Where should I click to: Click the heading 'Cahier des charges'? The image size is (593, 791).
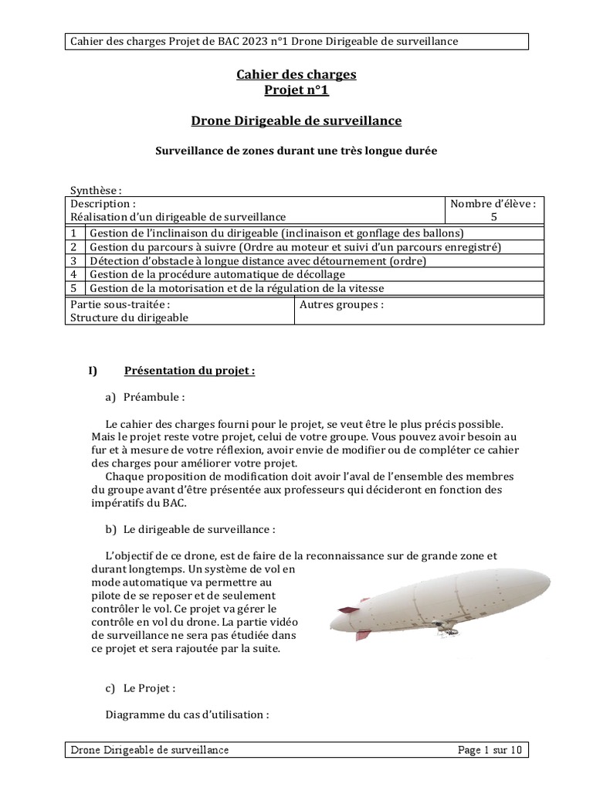(296, 75)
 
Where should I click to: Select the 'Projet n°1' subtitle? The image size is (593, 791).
(296, 90)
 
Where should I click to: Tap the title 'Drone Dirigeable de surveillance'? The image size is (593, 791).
(296, 121)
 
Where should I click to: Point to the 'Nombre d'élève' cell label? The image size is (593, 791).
(493, 204)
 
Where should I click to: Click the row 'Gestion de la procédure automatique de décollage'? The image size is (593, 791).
(218, 274)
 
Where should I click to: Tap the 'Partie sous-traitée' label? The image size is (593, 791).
(120, 304)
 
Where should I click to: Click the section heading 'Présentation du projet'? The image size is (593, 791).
(189, 371)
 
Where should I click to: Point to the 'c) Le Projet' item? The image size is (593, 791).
(141, 688)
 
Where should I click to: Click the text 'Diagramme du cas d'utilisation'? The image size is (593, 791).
(187, 715)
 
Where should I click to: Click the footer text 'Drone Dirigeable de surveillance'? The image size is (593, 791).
(150, 750)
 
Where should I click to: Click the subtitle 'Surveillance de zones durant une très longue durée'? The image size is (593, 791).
(296, 151)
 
